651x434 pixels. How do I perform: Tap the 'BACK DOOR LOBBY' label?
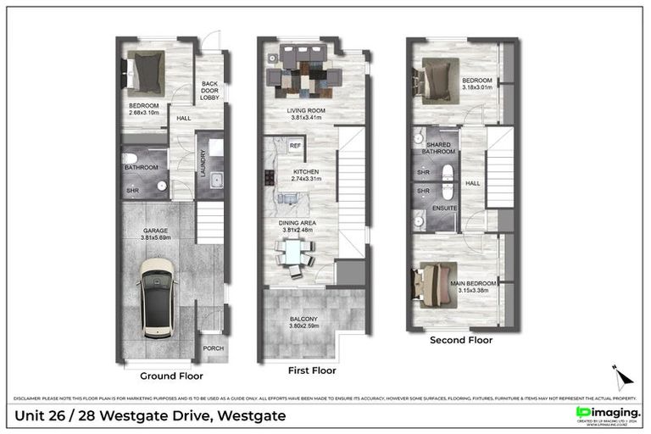click(x=209, y=91)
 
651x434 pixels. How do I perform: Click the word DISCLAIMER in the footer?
click(x=31, y=398)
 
